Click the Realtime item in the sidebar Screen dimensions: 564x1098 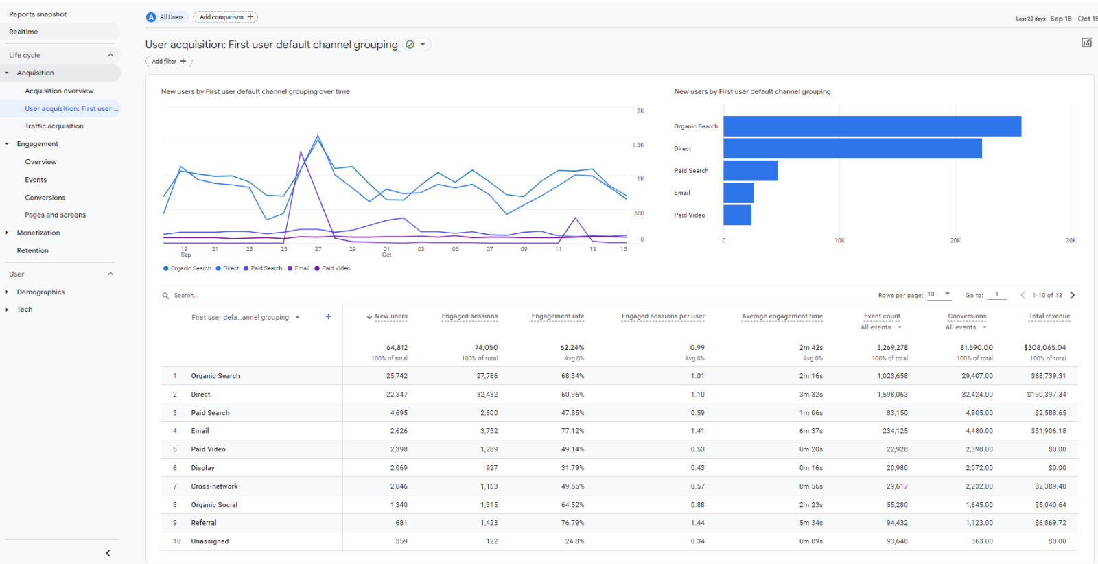[23, 32]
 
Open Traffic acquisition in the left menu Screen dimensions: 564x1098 [54, 126]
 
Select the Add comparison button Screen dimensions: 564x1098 [226, 17]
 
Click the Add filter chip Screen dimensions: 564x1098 [168, 62]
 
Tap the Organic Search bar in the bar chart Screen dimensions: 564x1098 [872, 126]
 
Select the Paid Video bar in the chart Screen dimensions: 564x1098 [737, 215]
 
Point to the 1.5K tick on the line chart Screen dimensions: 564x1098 [638, 145]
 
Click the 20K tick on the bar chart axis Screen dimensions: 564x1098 [955, 241]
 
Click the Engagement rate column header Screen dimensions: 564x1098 [557, 316]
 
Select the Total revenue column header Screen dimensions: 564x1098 [1049, 316]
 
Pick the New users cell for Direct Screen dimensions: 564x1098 [397, 395]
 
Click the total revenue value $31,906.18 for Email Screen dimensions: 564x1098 [1048, 431]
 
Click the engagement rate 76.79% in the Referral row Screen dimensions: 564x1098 [572, 523]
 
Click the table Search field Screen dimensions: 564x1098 [206, 296]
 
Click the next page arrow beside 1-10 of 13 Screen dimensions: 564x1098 [1073, 295]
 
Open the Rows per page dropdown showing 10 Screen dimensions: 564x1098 [939, 294]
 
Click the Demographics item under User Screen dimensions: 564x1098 [40, 292]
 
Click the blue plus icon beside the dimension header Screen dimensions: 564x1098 [328, 316]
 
